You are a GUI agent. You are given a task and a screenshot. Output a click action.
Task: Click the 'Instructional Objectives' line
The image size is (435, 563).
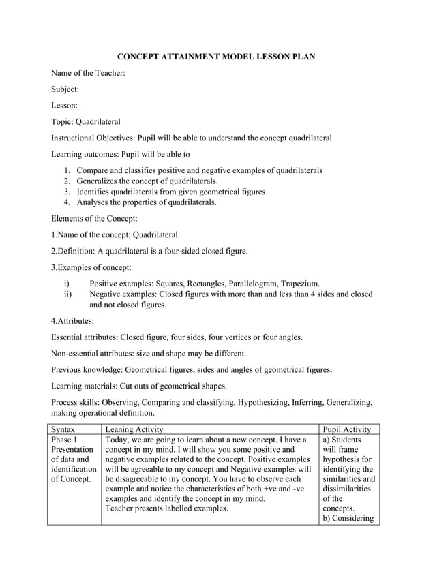[193, 138]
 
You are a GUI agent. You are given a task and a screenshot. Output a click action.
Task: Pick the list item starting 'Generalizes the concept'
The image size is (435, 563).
[147, 181]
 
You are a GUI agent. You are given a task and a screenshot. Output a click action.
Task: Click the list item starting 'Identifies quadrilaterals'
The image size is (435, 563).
[170, 192]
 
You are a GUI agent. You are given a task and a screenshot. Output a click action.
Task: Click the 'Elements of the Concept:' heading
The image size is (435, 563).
[95, 219]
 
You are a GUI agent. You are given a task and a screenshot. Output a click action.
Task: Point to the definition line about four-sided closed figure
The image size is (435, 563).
[149, 252]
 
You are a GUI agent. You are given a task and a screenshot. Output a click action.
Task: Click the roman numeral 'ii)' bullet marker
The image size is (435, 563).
[67, 294]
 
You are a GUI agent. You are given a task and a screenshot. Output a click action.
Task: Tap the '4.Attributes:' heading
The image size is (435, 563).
[73, 321]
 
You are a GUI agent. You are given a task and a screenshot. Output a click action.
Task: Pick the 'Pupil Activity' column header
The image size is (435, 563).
[346, 430]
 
